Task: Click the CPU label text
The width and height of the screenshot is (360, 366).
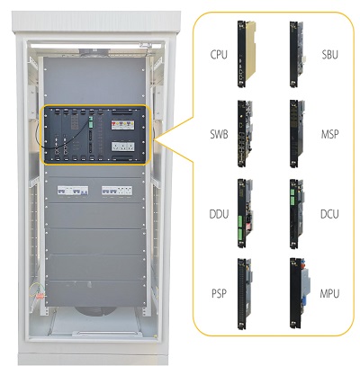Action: [219, 55]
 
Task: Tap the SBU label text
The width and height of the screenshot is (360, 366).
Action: [329, 55]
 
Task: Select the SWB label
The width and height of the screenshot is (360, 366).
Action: [219, 134]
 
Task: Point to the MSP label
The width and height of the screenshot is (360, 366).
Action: [329, 134]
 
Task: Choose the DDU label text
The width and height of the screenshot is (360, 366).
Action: [219, 214]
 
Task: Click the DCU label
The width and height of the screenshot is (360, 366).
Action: [329, 214]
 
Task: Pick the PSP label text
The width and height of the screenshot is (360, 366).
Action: [219, 293]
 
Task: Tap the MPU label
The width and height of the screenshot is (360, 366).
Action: [329, 293]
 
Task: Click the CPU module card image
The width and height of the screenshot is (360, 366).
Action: [247, 54]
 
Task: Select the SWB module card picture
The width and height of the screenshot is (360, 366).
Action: [246, 133]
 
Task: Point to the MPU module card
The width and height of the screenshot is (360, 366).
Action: [300, 293]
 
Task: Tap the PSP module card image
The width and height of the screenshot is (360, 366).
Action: [246, 294]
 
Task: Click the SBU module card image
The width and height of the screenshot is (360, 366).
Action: [297, 54]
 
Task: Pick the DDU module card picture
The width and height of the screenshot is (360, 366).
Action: [246, 213]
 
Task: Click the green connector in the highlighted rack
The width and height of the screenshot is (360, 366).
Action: [90, 122]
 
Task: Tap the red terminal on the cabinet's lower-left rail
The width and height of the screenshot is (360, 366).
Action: [40, 296]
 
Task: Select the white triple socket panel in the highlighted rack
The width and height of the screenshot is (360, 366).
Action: [123, 147]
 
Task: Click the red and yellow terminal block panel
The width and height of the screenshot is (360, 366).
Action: [123, 125]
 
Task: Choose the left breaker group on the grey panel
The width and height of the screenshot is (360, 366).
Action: [73, 191]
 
